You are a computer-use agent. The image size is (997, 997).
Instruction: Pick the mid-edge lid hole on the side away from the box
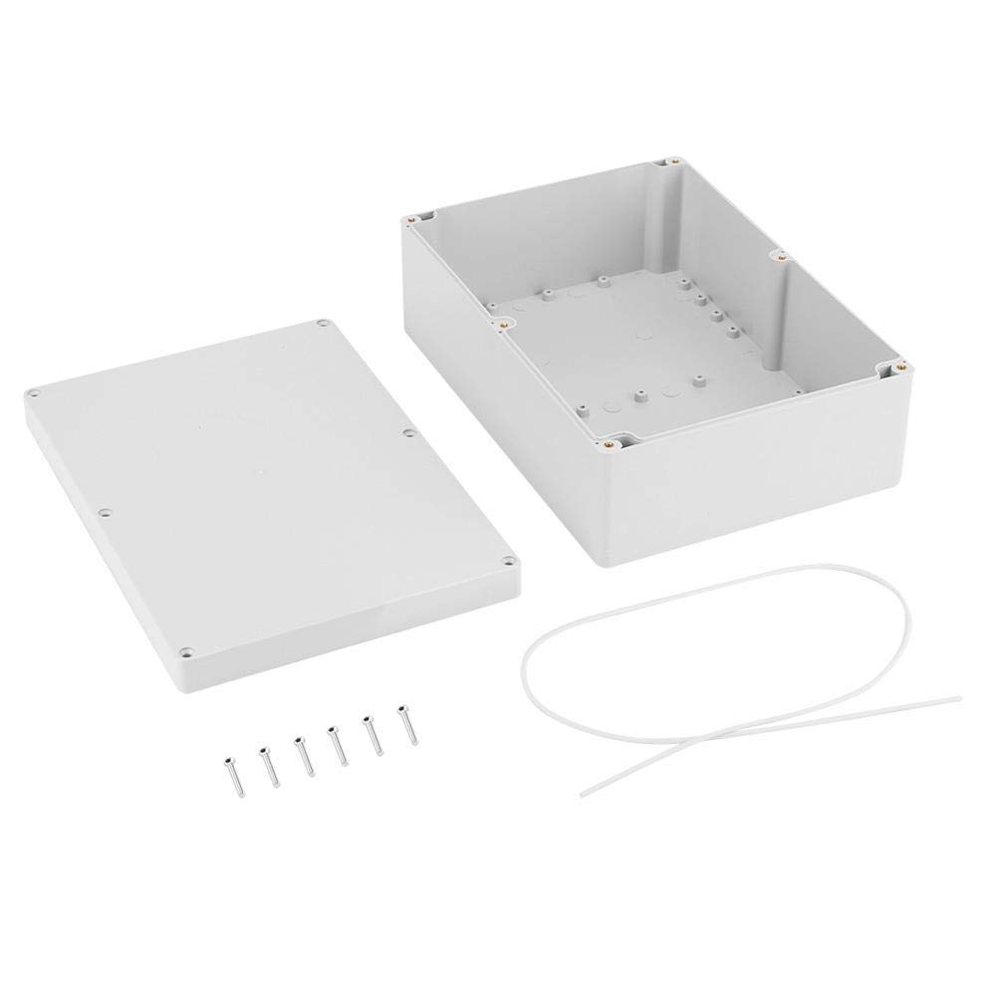(106, 515)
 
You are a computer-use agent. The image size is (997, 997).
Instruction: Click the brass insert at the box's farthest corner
(674, 160)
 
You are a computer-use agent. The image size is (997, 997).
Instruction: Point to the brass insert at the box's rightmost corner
(899, 366)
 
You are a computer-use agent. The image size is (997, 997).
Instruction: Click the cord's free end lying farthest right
(958, 697)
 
